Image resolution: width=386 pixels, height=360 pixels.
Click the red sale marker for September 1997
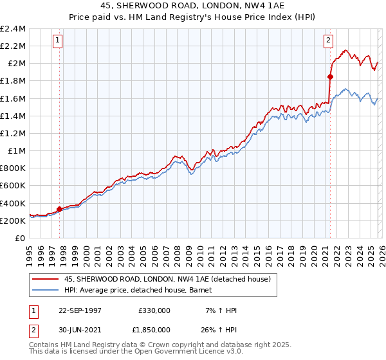coord(60,209)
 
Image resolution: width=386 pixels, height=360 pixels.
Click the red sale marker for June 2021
coord(330,76)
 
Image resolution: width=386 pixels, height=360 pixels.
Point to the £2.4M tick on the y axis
coord(13,29)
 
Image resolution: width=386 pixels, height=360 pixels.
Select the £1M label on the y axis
coord(17,151)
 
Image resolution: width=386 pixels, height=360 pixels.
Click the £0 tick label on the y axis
coord(21,238)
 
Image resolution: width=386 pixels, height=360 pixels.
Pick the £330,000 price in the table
coord(154,310)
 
